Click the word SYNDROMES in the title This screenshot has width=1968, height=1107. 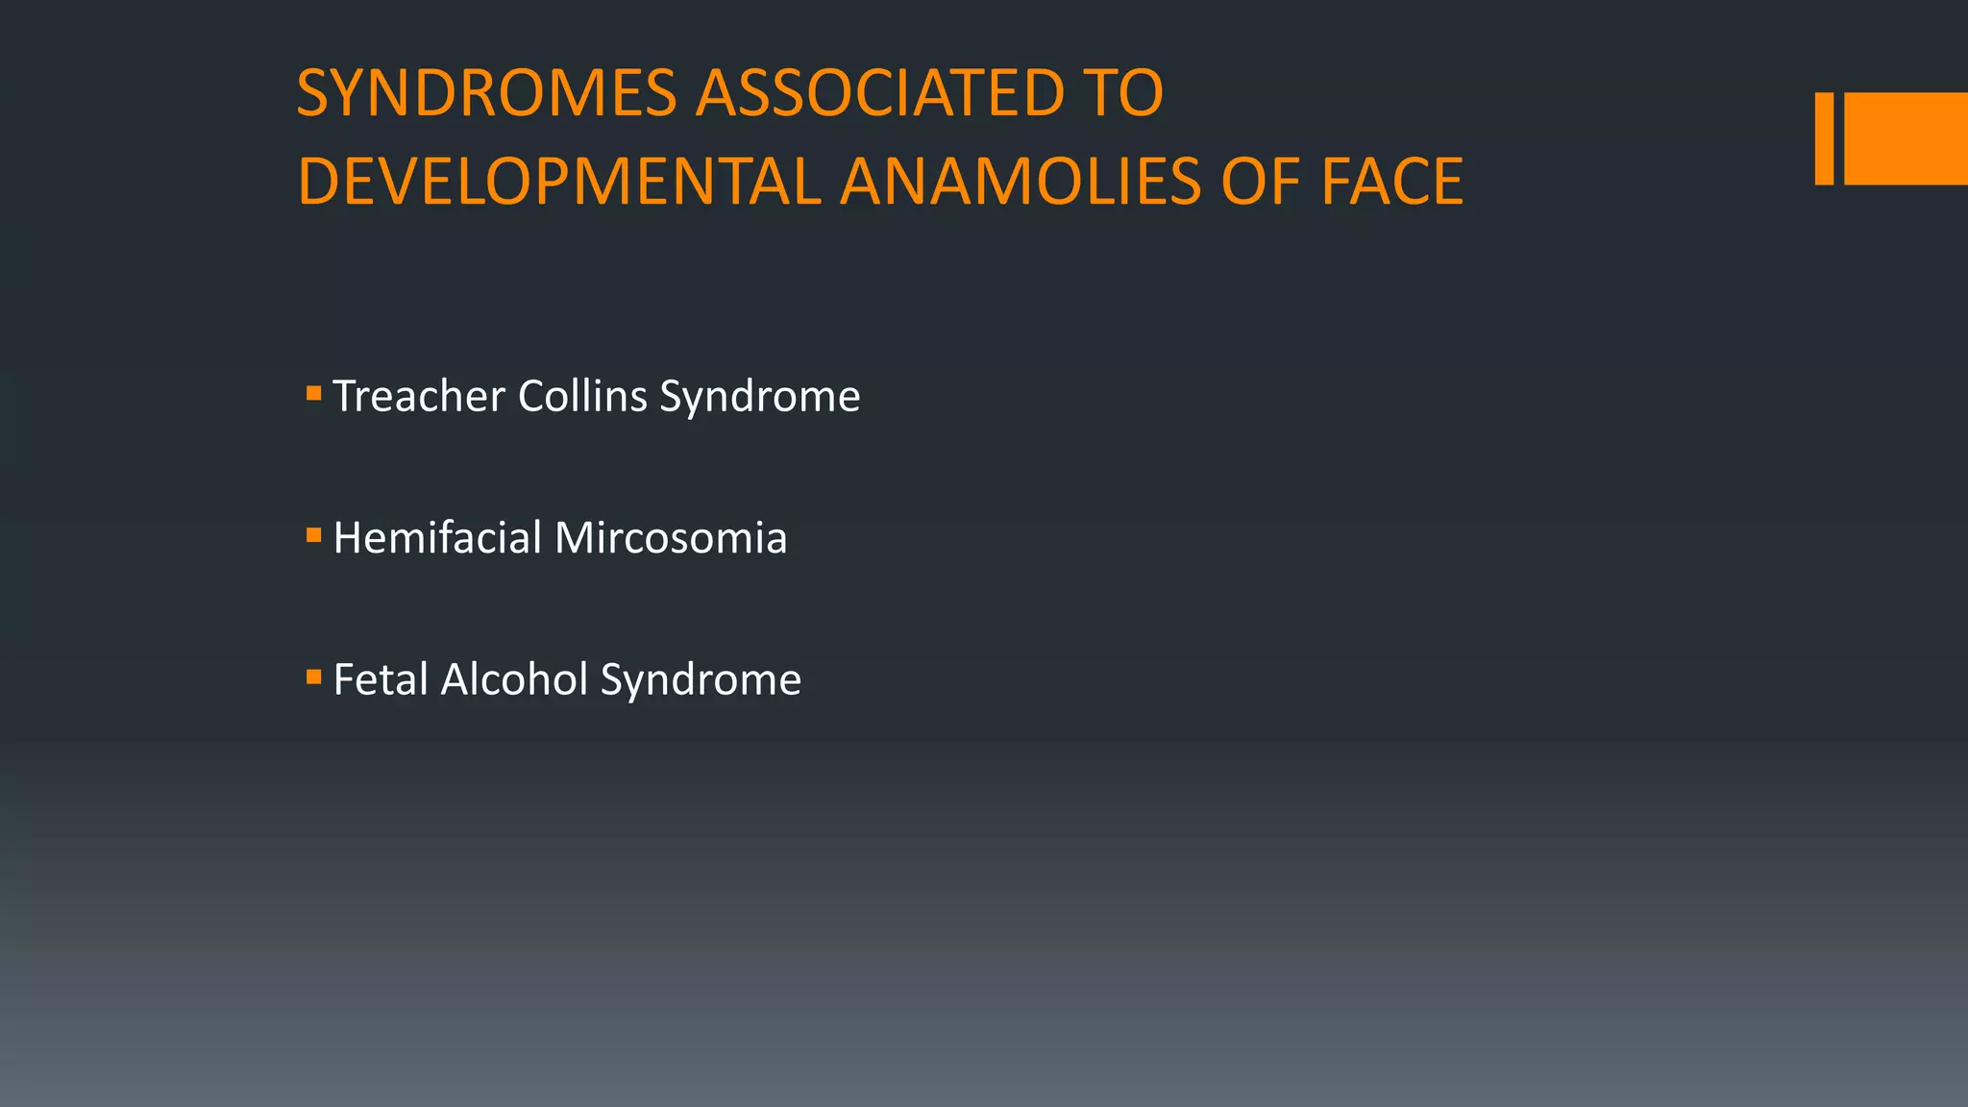coord(487,94)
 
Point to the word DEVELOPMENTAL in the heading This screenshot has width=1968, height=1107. coord(558,183)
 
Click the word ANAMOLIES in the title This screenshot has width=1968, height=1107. coord(1020,183)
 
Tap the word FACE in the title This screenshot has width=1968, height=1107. coord(1391,183)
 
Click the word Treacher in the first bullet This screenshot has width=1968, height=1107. coord(419,396)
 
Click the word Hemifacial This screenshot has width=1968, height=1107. coord(438,537)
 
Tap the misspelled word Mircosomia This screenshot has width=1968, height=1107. coord(671,537)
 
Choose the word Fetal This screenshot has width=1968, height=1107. coord(381,679)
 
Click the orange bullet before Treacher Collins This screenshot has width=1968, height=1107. coord(313,393)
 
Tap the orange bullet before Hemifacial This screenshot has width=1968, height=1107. coord(313,535)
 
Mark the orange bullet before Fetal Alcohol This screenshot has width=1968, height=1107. coord(313,677)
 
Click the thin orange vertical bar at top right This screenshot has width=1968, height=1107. coord(1824,138)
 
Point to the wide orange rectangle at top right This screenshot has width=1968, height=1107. coord(1906,138)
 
